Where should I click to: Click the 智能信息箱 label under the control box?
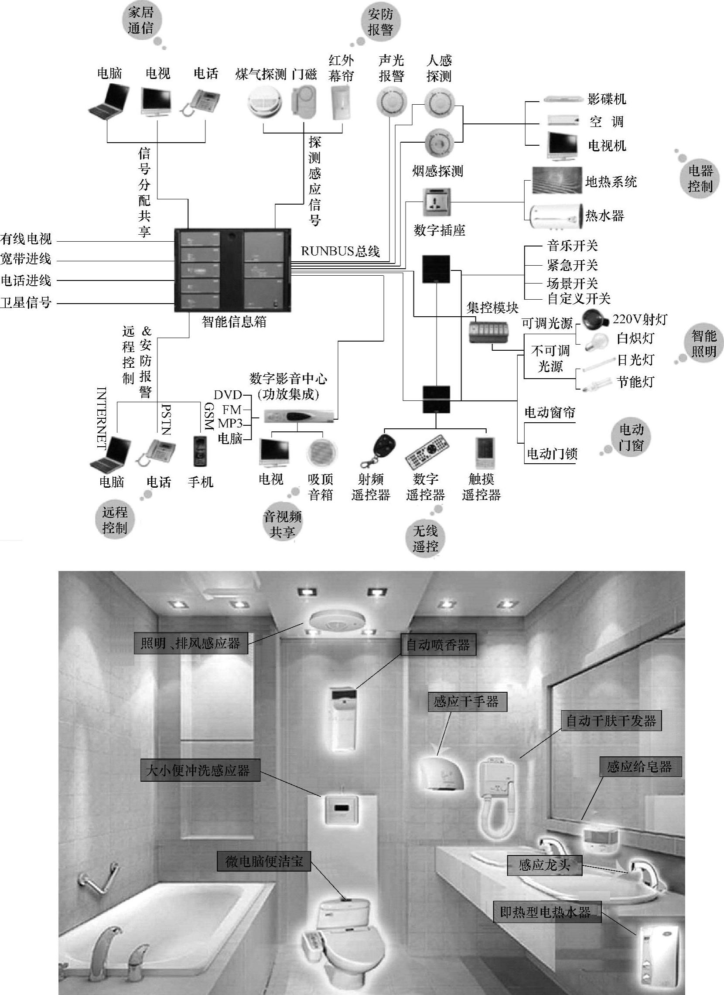coord(234,321)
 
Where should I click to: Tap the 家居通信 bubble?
coord(141,20)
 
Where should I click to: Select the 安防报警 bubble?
coord(380,22)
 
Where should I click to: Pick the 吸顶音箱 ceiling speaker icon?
coord(322,452)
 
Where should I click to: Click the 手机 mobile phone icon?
coord(200,451)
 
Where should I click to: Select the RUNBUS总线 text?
coord(340,251)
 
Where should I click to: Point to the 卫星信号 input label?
coord(26,302)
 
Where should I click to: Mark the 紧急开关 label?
coord(572,265)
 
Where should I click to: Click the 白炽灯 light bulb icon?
coord(594,339)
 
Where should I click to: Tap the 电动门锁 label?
coord(552,453)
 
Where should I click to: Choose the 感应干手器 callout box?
coord(466,702)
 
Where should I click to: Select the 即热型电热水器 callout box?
coord(546,912)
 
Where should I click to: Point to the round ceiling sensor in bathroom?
coord(337,621)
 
